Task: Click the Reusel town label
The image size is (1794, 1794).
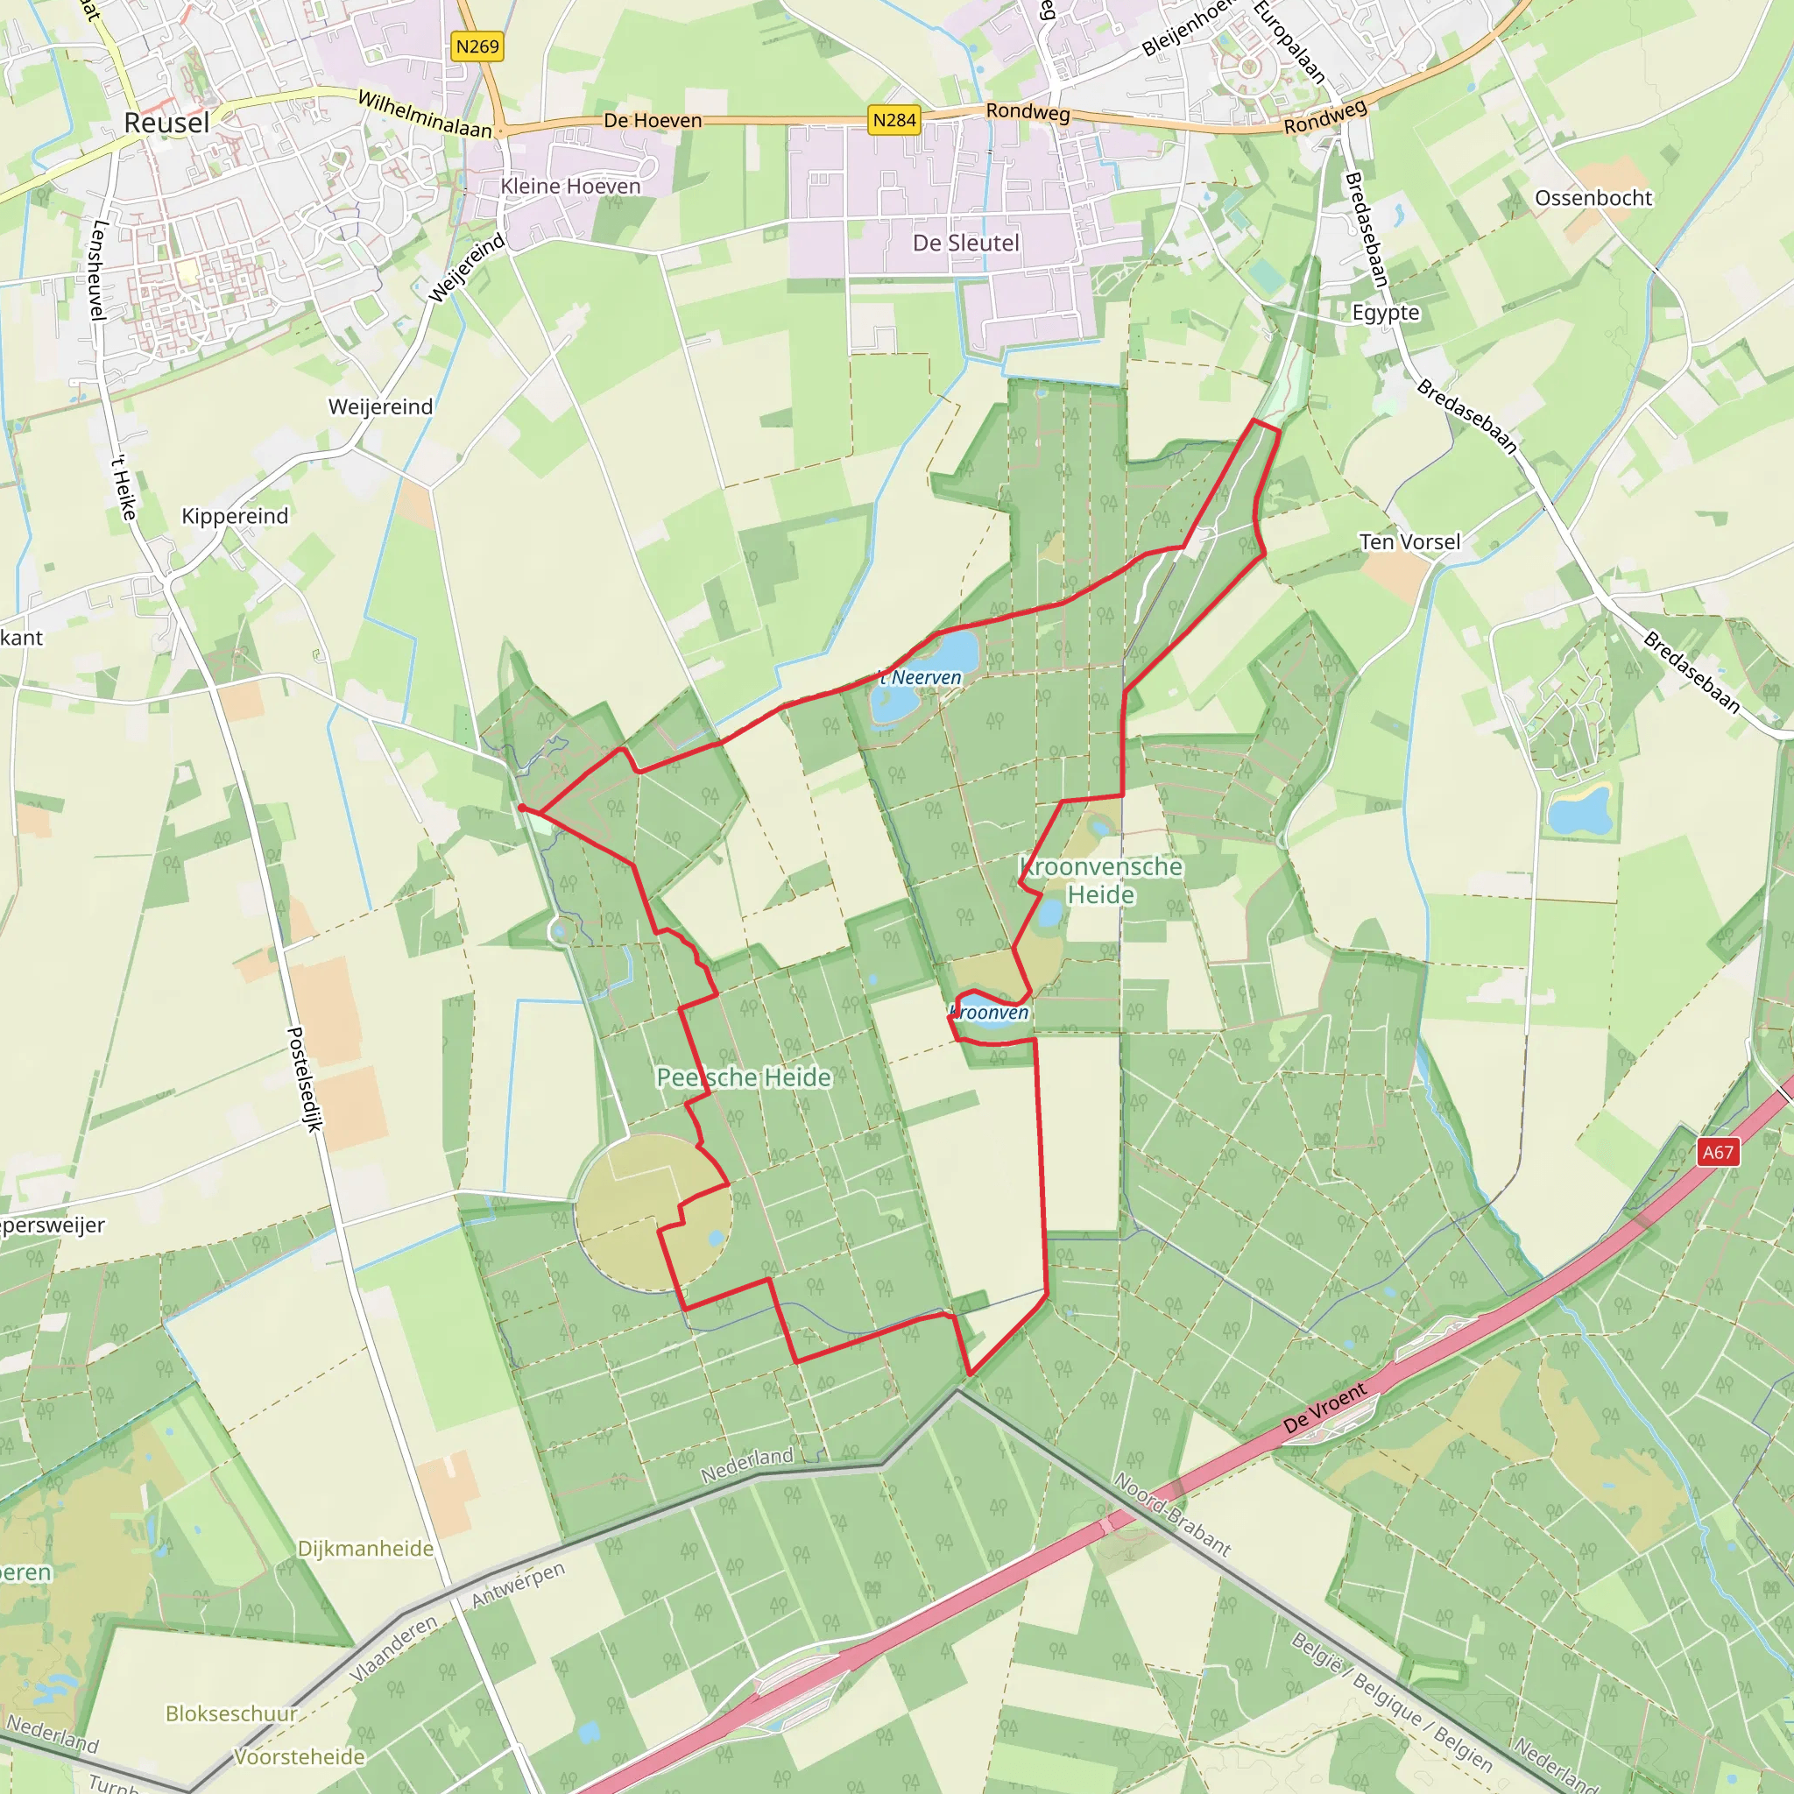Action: [x=166, y=123]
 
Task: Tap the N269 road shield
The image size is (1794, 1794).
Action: [x=477, y=46]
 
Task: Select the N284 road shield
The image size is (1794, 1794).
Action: [x=894, y=120]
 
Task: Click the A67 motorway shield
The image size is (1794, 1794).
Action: [x=1717, y=1153]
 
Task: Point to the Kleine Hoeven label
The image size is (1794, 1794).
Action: [x=570, y=186]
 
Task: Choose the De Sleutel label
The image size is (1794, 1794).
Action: [x=965, y=243]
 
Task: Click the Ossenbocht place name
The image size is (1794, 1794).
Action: [x=1593, y=198]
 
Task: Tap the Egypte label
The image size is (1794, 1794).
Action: [x=1386, y=312]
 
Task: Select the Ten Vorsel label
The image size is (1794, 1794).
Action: [x=1409, y=541]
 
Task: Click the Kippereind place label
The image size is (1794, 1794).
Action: [x=235, y=515]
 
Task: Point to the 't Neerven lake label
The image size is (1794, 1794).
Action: [x=922, y=678]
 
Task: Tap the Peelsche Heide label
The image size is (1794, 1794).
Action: [x=744, y=1077]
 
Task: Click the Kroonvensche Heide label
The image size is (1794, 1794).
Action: [x=1100, y=880]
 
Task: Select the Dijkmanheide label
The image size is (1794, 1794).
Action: [x=365, y=1548]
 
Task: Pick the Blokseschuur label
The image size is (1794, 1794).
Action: [x=231, y=1713]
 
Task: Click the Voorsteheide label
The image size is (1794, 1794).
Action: [x=299, y=1757]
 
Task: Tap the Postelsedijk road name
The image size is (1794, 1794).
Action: [x=305, y=1078]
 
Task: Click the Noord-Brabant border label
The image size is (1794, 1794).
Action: [x=1172, y=1514]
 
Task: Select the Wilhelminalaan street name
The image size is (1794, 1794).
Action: [x=424, y=113]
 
